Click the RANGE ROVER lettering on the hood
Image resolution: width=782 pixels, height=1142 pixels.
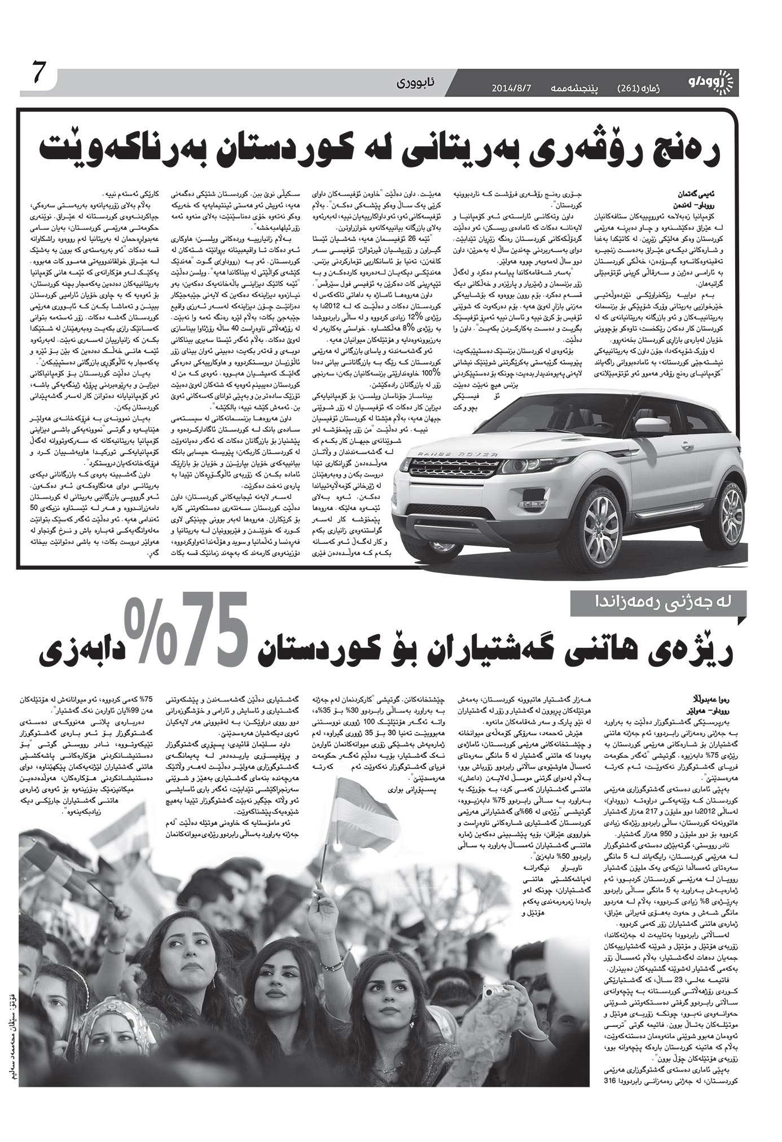454,454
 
